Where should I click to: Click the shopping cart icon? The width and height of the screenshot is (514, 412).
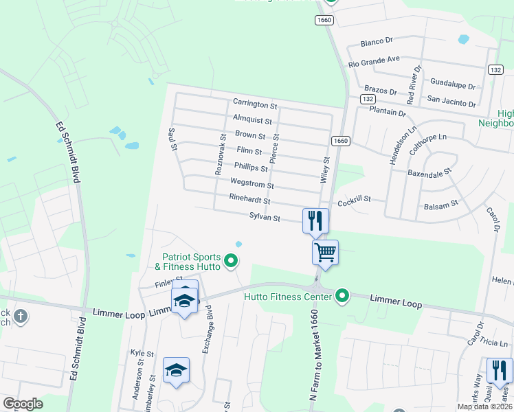click(325, 251)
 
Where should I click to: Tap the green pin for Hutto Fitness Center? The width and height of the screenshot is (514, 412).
click(342, 297)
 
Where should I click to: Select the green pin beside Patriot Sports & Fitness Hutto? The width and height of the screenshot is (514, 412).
click(232, 260)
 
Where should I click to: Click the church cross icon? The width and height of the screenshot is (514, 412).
click(21, 317)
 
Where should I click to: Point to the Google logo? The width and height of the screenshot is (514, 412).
click(23, 404)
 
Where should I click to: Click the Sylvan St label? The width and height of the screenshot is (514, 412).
click(265, 218)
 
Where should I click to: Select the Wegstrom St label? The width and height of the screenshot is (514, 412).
click(252, 185)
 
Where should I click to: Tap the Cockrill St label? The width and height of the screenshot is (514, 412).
click(354, 199)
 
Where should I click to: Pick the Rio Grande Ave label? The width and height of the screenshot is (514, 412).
click(374, 60)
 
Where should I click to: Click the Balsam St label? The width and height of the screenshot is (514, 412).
click(441, 205)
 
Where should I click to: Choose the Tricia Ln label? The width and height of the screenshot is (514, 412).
click(494, 343)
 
